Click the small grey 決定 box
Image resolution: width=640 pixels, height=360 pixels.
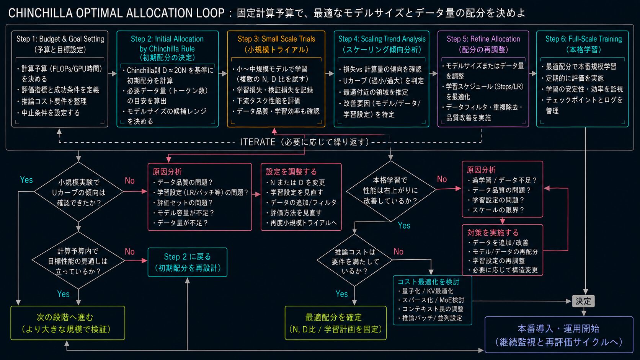[x=583, y=301]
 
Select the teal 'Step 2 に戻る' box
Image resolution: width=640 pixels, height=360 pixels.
[x=188, y=262]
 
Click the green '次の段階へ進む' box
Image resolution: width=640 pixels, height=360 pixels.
[x=68, y=323]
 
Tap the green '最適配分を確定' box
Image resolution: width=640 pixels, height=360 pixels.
[x=335, y=323]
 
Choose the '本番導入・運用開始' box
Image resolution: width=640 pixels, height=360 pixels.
[x=559, y=335]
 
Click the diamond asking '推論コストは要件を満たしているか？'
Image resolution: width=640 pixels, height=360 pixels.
[x=354, y=260]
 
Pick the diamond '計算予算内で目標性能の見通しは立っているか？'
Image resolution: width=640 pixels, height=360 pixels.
[x=78, y=260]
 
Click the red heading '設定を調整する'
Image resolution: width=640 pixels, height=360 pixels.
[x=291, y=171]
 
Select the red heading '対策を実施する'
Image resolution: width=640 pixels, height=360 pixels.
[x=493, y=233]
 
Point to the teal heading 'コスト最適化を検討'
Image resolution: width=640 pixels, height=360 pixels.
[x=428, y=282]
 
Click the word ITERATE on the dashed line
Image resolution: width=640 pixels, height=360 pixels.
[x=258, y=142]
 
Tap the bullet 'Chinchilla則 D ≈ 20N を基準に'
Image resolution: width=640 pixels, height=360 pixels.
[x=168, y=70]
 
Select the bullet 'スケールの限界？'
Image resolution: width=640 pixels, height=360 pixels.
[x=496, y=210]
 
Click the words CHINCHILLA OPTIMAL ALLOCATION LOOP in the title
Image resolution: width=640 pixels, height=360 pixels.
[x=116, y=13]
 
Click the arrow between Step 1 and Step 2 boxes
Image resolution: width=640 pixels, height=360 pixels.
[x=113, y=74]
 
